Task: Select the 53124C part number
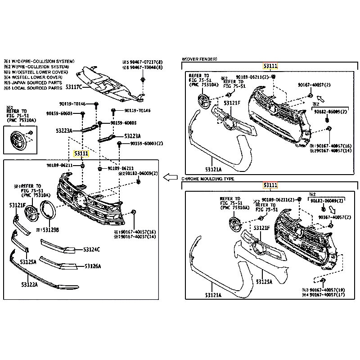(91, 249)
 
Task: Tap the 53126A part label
(93, 266)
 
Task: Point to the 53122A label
(29, 284)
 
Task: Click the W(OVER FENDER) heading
(199, 59)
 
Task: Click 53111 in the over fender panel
(271, 66)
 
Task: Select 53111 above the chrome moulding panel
(271, 185)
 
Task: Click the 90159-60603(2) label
(146, 144)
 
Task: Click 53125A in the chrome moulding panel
(265, 282)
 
